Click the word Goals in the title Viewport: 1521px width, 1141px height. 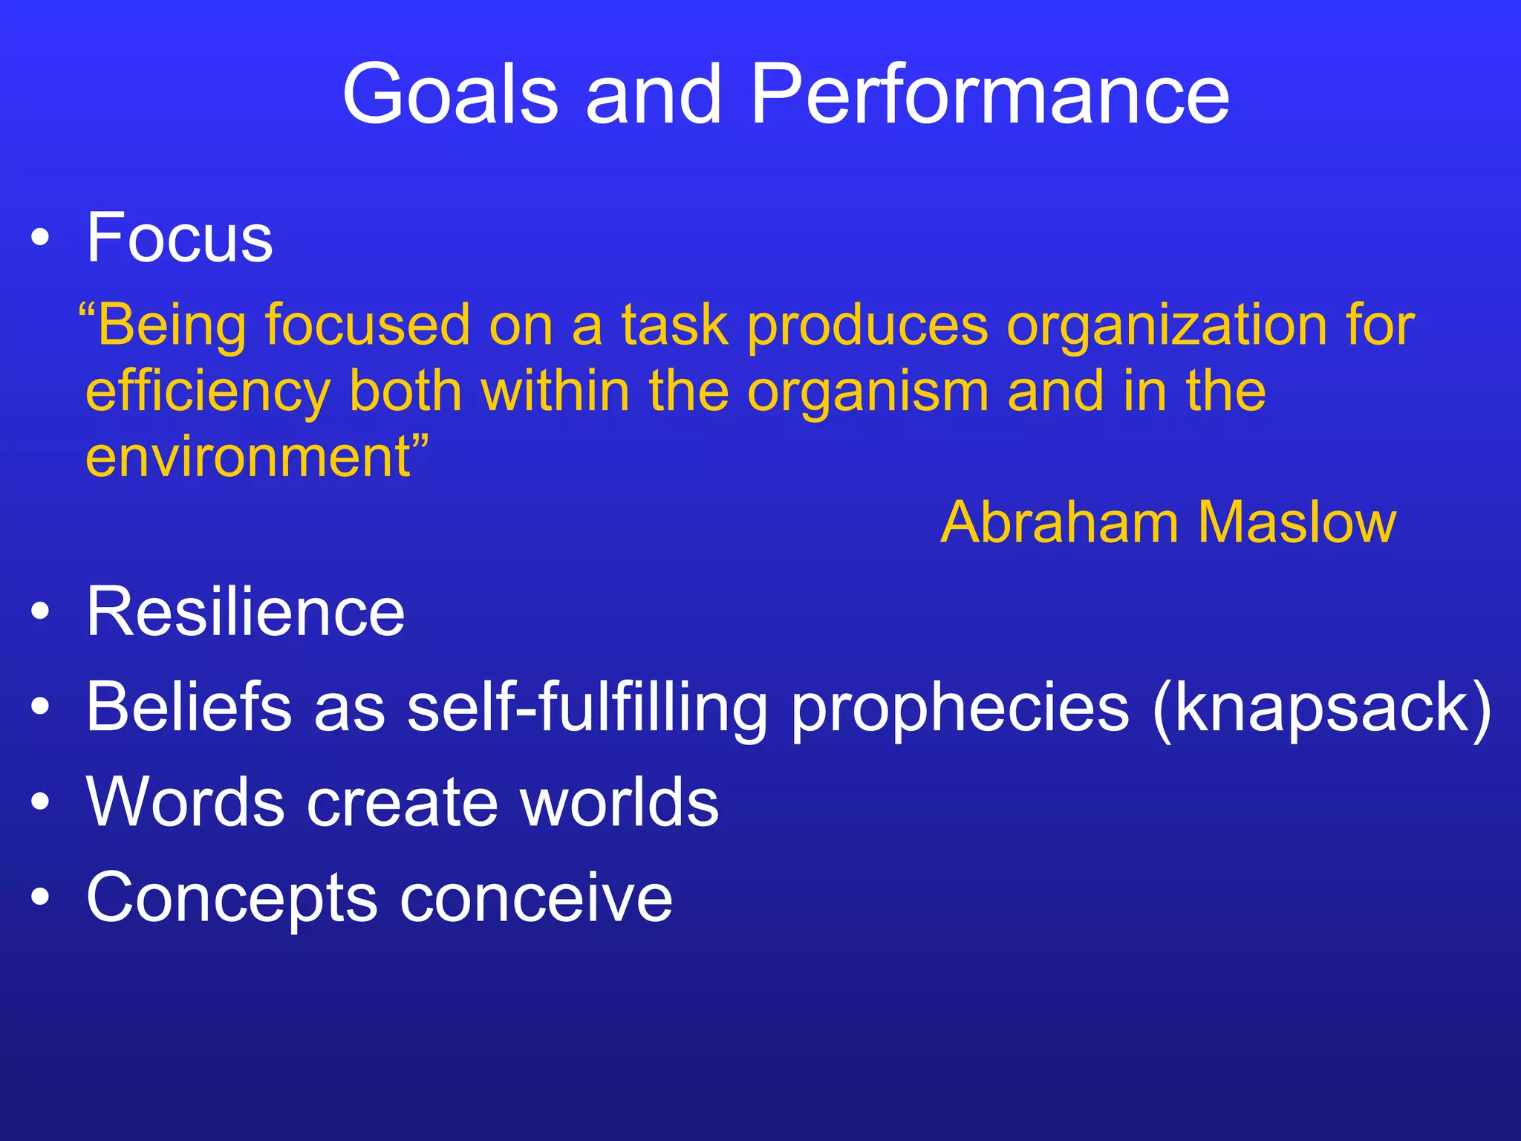pyautogui.click(x=449, y=94)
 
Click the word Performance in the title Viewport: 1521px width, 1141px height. pyautogui.click(x=989, y=94)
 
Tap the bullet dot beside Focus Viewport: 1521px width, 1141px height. pyautogui.click(x=41, y=239)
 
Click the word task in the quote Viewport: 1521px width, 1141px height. pyautogui.click(x=675, y=325)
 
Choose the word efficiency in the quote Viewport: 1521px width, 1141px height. pyautogui.click(x=208, y=392)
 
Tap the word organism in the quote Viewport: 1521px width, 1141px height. pyautogui.click(x=867, y=392)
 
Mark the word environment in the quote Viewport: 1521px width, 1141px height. pyautogui.click(x=249, y=456)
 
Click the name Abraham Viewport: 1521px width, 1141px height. pyautogui.click(x=1059, y=522)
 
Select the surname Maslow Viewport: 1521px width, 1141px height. pyautogui.click(x=1297, y=522)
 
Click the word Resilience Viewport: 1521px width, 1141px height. pyautogui.click(x=245, y=611)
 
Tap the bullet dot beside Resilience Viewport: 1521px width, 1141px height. pyautogui.click(x=41, y=613)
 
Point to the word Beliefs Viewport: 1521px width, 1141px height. pyautogui.click(x=189, y=706)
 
